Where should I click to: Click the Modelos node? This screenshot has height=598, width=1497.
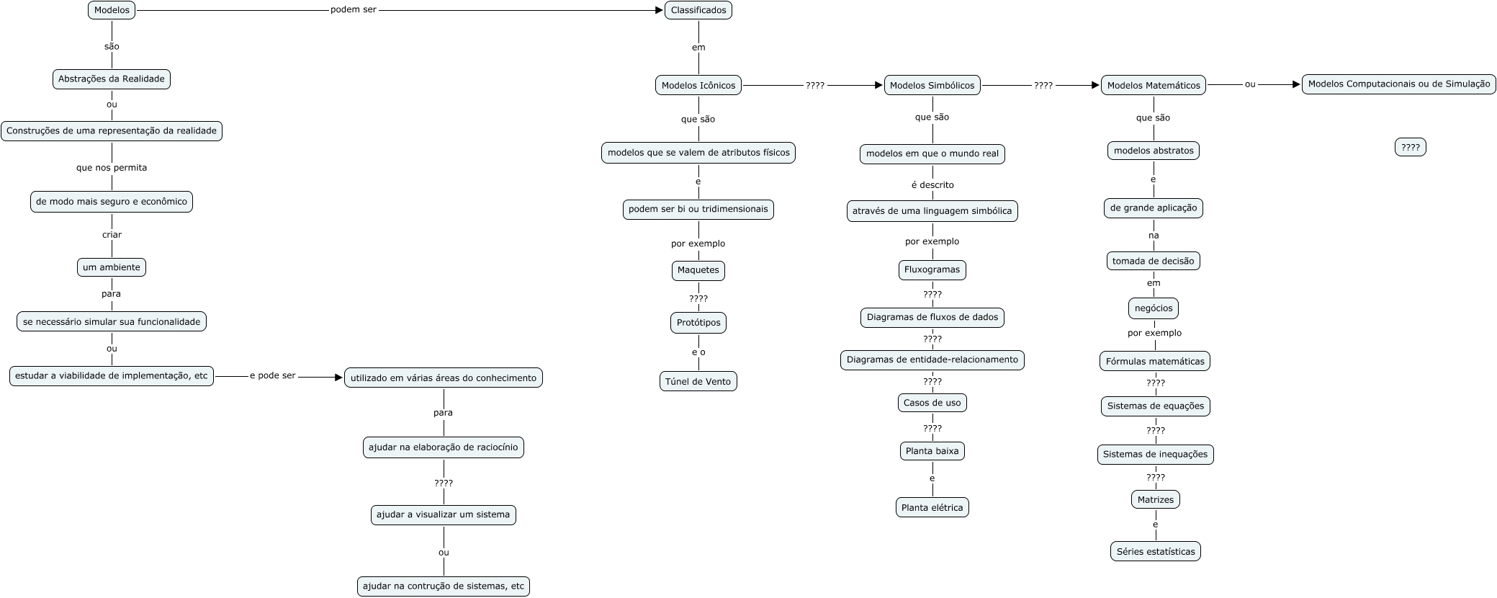click(112, 10)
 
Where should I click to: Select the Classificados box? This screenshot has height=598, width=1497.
click(698, 10)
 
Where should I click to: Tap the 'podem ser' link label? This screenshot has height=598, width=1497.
click(354, 10)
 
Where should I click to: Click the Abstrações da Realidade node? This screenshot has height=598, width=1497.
click(112, 79)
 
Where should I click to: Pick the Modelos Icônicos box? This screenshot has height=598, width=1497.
click(698, 86)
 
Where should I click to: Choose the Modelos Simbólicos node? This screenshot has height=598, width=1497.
click(932, 86)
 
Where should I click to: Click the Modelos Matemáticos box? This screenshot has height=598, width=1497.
click(1154, 86)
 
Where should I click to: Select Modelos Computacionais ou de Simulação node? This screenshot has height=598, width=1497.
click(1399, 84)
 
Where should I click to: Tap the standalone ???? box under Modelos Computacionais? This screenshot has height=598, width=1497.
click(1410, 147)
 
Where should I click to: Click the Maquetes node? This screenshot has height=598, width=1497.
click(698, 270)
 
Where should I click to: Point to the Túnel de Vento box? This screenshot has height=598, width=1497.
click(698, 382)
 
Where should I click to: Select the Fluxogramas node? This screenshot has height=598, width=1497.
click(932, 270)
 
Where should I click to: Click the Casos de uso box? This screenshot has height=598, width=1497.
click(932, 403)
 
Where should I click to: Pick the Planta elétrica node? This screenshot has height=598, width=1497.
click(932, 508)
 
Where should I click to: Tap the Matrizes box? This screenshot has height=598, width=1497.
click(1155, 500)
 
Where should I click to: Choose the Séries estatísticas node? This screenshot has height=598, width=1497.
click(1155, 552)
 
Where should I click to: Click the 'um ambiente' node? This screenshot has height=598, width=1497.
click(112, 267)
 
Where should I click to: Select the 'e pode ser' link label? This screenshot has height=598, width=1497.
click(273, 376)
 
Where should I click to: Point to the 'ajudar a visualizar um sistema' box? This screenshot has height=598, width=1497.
click(443, 515)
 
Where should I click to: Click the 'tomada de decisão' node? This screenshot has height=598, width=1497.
click(1153, 262)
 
